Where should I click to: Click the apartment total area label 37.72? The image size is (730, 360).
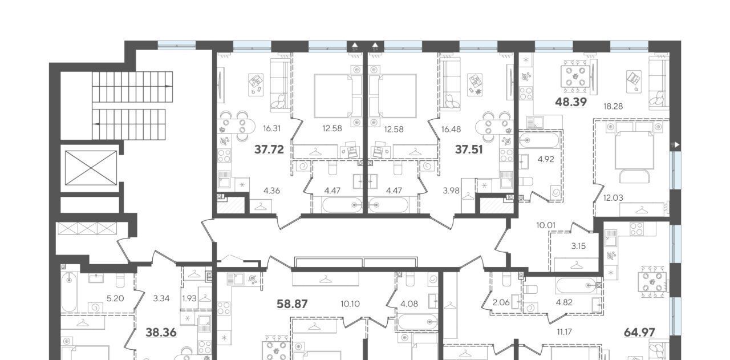click(269, 149)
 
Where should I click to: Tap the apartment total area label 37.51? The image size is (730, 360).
click(469, 149)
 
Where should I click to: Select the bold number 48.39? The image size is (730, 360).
click(571, 102)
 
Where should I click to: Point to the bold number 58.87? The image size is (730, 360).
click(292, 304)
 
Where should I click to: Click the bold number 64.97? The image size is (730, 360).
click(639, 333)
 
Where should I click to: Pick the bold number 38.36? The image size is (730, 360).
click(161, 333)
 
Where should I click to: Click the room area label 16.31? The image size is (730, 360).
click(272, 128)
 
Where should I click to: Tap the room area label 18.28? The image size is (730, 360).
click(613, 106)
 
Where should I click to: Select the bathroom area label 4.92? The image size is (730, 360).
click(546, 159)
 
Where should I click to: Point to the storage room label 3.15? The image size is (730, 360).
click(578, 246)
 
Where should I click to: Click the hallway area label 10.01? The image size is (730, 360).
click(546, 225)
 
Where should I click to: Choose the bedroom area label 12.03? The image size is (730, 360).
click(613, 198)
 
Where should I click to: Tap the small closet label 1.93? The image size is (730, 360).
click(189, 298)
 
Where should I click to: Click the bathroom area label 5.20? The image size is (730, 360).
click(115, 298)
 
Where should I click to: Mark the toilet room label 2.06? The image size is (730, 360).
click(501, 302)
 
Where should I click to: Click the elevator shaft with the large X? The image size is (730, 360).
click(91, 168)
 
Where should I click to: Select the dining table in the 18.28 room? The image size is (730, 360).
click(576, 76)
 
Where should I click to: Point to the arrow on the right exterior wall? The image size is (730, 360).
click(676, 144)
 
